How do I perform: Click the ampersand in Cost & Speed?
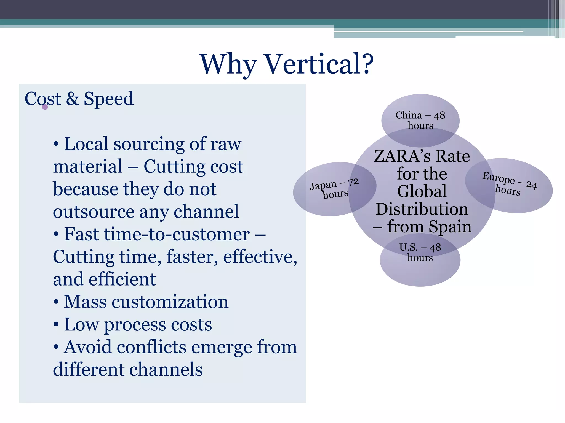click(72, 99)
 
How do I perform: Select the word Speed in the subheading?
click(109, 99)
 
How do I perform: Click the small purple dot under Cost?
click(45, 107)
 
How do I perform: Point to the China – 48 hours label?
click(420, 120)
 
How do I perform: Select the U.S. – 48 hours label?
click(420, 252)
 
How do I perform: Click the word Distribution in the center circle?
click(422, 209)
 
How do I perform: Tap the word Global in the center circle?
click(422, 191)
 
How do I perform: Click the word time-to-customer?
click(157, 234)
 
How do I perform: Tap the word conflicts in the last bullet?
click(151, 347)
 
